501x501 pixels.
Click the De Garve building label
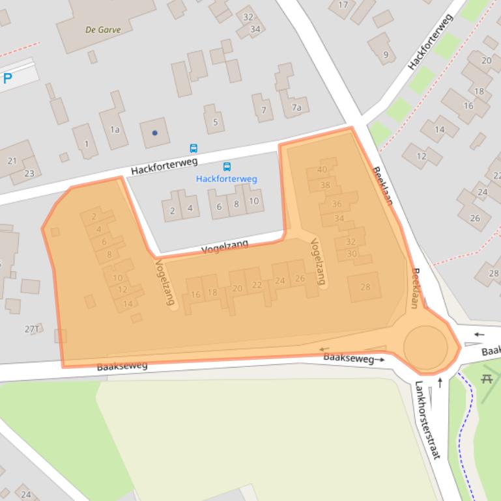pos(103,29)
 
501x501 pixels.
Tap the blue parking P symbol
pos(8,79)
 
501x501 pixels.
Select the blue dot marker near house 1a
pos(155,133)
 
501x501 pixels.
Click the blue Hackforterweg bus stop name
pos(227,179)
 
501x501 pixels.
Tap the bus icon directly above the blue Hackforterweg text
pos(227,167)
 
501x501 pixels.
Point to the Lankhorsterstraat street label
pos(427,420)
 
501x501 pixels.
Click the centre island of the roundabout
pos(425,347)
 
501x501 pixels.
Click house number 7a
pos(296,107)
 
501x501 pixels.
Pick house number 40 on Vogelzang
pos(322,170)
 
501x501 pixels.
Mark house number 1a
pos(115,129)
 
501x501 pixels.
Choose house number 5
pos(214,122)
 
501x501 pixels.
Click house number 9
pos(386,55)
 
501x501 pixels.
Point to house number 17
pos(343,5)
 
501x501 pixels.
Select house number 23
pos(29,173)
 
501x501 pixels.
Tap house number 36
pos(337,204)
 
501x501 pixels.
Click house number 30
pos(352,254)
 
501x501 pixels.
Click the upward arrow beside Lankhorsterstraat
pos(440,382)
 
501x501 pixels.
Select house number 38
pos(325,185)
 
